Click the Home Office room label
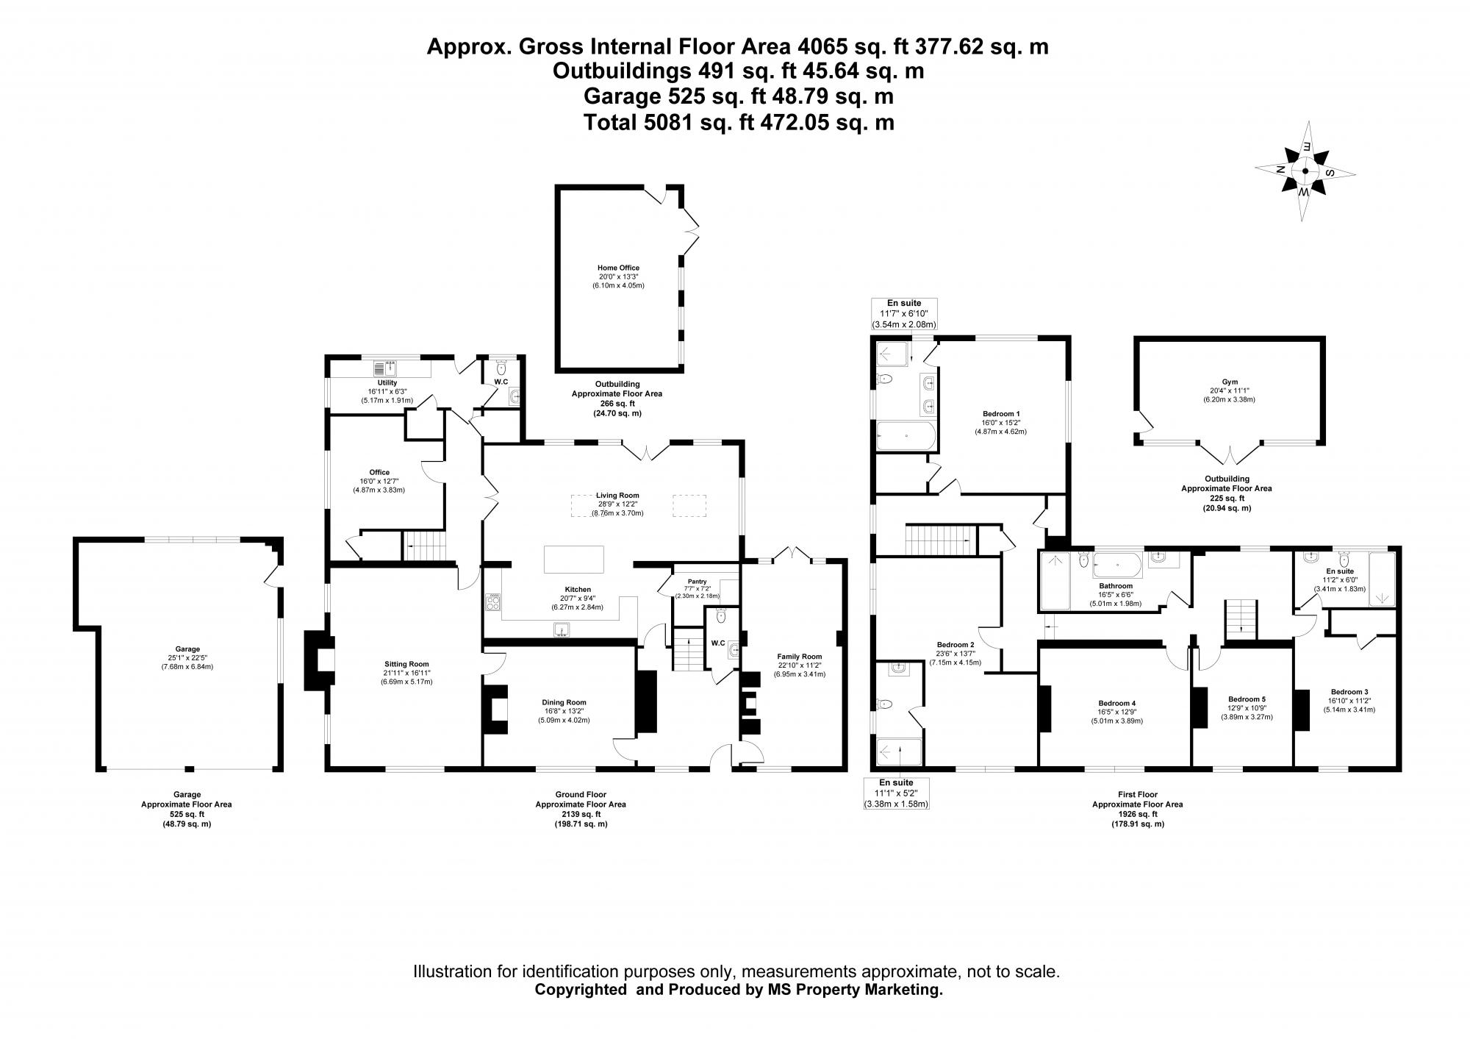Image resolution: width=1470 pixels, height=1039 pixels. coord(618,268)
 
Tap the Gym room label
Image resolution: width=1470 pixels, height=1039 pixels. coord(1230,382)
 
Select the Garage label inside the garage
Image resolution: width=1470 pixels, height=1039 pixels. coord(187,649)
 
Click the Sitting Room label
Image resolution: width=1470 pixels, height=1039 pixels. coord(406,664)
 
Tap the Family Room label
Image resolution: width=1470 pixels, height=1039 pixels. coord(799,657)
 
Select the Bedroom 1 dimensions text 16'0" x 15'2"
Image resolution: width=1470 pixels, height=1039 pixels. coord(1000,423)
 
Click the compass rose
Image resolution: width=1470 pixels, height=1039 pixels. coord(1305,171)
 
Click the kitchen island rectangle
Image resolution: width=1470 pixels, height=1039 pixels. coord(573,560)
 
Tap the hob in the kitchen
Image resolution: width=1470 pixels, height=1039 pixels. coord(492,603)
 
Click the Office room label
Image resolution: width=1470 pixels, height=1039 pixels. coord(379,472)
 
